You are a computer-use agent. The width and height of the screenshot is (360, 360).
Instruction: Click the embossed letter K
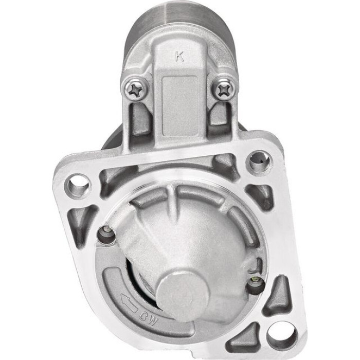coord(179,56)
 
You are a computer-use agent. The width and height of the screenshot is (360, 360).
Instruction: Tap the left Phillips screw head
coord(135,89)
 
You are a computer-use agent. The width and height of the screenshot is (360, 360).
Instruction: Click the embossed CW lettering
coord(149,318)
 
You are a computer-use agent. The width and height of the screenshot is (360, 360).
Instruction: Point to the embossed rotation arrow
coord(130,303)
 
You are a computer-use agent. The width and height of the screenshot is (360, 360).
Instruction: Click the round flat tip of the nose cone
coord(184,294)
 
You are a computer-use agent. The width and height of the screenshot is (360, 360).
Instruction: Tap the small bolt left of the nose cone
coord(107,233)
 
